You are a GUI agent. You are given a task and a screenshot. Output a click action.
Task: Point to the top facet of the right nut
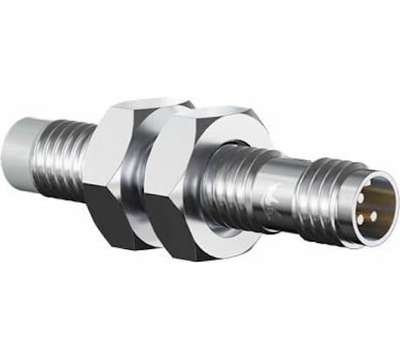pos(204,117)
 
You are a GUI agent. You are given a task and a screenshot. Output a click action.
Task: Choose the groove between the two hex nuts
pos(148,173)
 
